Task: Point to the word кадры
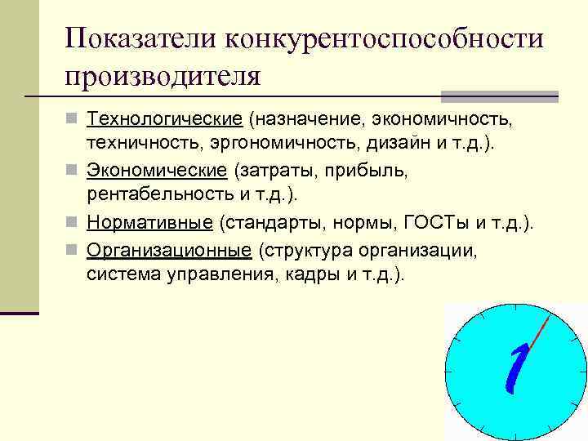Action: (x=312, y=274)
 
